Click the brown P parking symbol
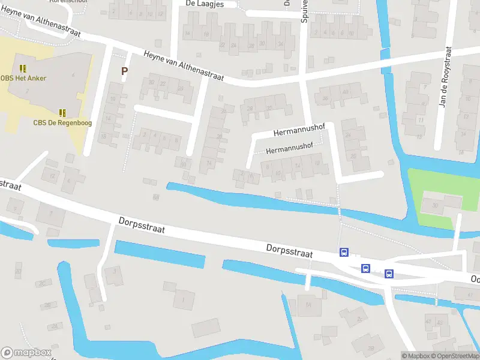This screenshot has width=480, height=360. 125,71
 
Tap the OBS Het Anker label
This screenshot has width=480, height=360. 23,78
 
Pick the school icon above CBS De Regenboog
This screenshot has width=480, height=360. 62,113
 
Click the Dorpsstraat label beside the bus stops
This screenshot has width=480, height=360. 290,250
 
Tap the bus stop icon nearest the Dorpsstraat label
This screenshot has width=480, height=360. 344,252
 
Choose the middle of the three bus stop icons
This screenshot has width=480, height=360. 365,268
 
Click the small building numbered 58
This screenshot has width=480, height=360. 157,196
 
